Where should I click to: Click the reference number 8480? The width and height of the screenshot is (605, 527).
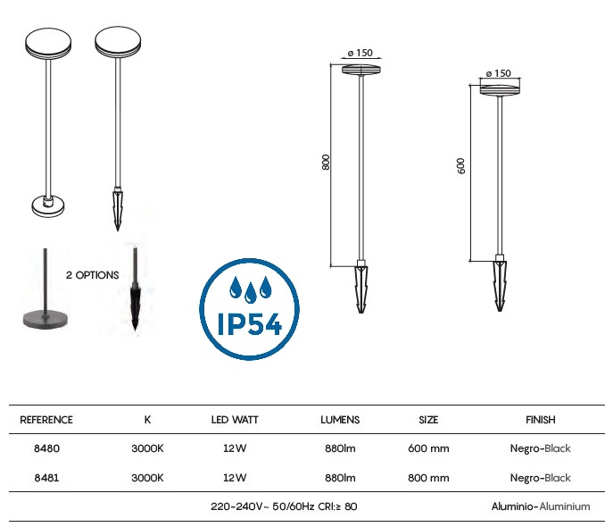[x=46, y=448]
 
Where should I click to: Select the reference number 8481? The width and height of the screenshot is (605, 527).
[x=46, y=478]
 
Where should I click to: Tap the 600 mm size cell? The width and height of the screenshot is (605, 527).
[x=428, y=448]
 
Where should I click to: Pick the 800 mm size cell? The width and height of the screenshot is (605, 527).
[x=428, y=478]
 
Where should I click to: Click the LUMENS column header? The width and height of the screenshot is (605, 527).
[x=340, y=420]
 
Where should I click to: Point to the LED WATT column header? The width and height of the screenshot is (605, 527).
[x=235, y=420]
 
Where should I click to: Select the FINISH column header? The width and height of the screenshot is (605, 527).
[x=541, y=420]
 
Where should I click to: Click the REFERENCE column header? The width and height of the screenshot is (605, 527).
[x=46, y=420]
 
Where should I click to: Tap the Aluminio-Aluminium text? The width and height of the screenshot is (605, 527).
[x=541, y=506]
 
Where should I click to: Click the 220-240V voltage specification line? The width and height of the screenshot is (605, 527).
[x=284, y=506]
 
